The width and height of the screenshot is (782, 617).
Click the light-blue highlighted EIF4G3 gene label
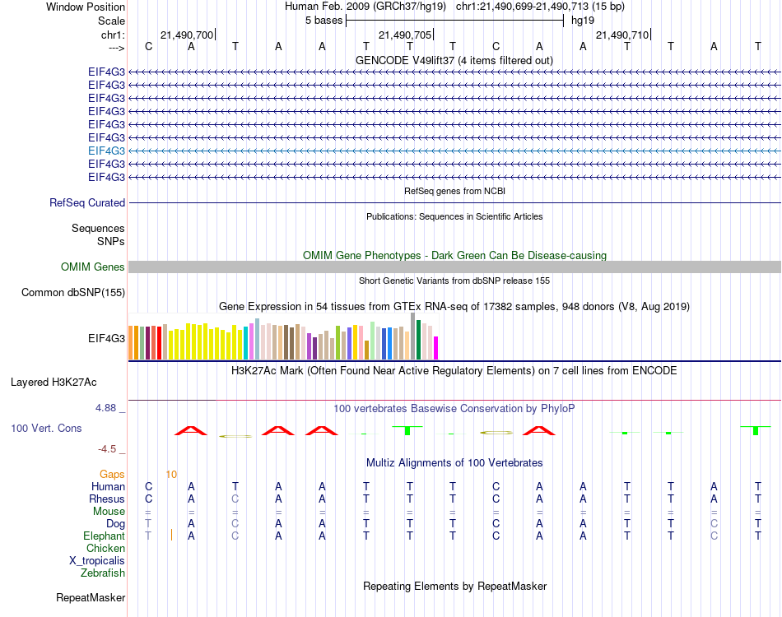pos(107,151)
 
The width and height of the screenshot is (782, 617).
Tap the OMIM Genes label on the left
pos(93,267)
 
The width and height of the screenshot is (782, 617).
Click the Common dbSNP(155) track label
pos(73,292)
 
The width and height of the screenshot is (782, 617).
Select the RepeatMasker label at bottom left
pos(91,597)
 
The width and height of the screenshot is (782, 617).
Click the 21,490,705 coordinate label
pos(404,35)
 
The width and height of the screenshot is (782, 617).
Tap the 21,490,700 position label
pos(187,35)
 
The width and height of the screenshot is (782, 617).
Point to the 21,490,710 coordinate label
pos(621,35)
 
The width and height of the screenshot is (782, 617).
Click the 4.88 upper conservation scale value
pos(108,408)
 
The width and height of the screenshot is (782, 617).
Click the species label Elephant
pos(104,536)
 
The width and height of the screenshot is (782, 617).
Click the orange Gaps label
pos(112,474)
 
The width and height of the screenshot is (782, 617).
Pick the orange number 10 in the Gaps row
pos(171,474)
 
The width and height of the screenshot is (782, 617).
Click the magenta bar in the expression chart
pos(435,348)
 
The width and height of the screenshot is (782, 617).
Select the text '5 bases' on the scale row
pos(324,20)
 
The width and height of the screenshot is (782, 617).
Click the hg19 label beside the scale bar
pos(583,20)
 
